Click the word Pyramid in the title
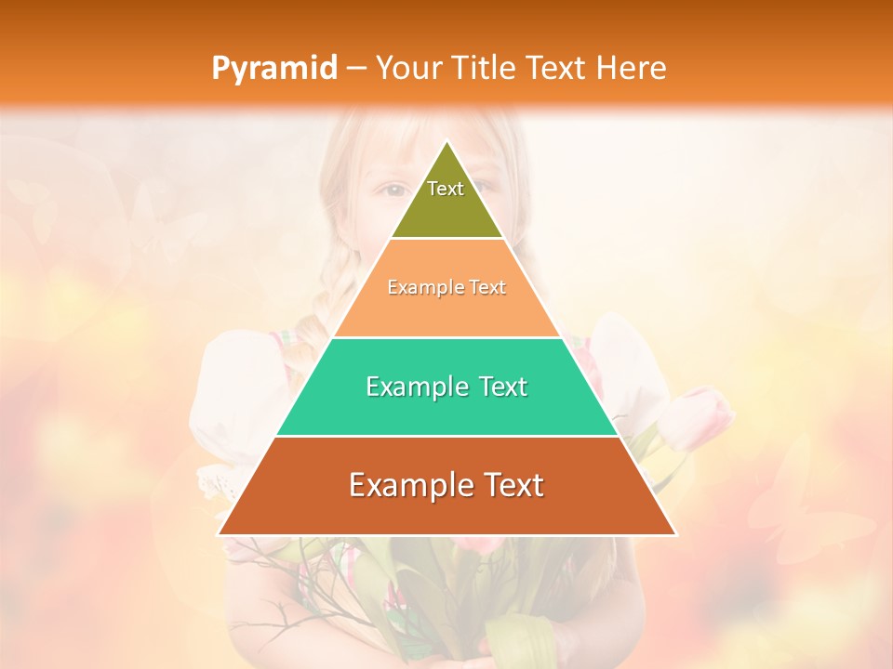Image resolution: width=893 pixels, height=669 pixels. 273,69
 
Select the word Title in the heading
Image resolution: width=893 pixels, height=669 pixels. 484,68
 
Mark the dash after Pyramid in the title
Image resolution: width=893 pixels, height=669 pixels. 355,69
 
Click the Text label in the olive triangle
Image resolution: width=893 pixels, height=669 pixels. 446,189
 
